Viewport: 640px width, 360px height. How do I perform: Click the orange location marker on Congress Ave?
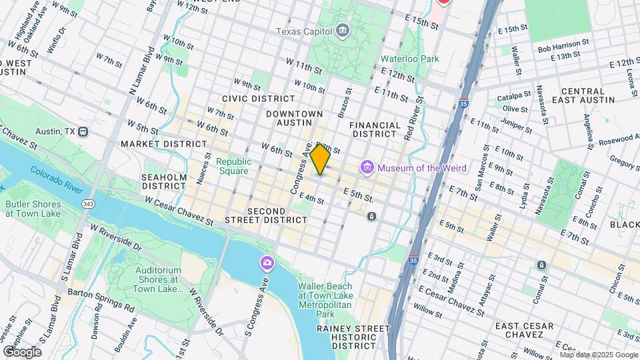pyautogui.click(x=320, y=159)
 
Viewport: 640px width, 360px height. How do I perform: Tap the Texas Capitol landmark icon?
pyautogui.click(x=342, y=31)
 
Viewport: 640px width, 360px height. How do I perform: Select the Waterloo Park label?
pyautogui.click(x=409, y=59)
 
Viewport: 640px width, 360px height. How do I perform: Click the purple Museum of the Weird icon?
pyautogui.click(x=367, y=167)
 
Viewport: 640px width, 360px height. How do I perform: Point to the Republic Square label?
pyautogui.click(x=233, y=166)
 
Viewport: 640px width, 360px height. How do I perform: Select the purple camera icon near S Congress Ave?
pyautogui.click(x=267, y=264)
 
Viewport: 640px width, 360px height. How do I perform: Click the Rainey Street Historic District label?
pyautogui.click(x=353, y=337)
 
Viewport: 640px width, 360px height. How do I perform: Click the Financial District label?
pyautogui.click(x=375, y=129)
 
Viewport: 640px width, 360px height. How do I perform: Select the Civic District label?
pyautogui.click(x=249, y=98)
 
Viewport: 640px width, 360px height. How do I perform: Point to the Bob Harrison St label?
pyautogui.click(x=564, y=41)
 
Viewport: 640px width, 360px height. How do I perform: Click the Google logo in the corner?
pyautogui.click(x=22, y=352)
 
